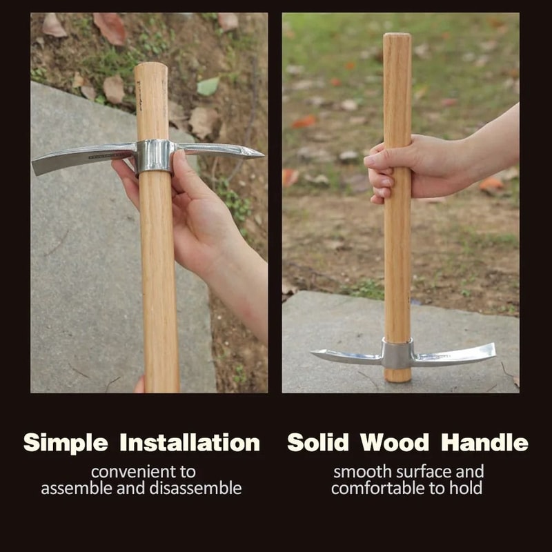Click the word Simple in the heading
point(66,443)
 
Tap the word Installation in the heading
point(190,443)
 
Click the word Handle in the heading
point(485,443)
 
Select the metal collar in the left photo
point(153,156)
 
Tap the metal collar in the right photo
point(397,354)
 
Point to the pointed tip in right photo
point(316,353)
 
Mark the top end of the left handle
point(151,67)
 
